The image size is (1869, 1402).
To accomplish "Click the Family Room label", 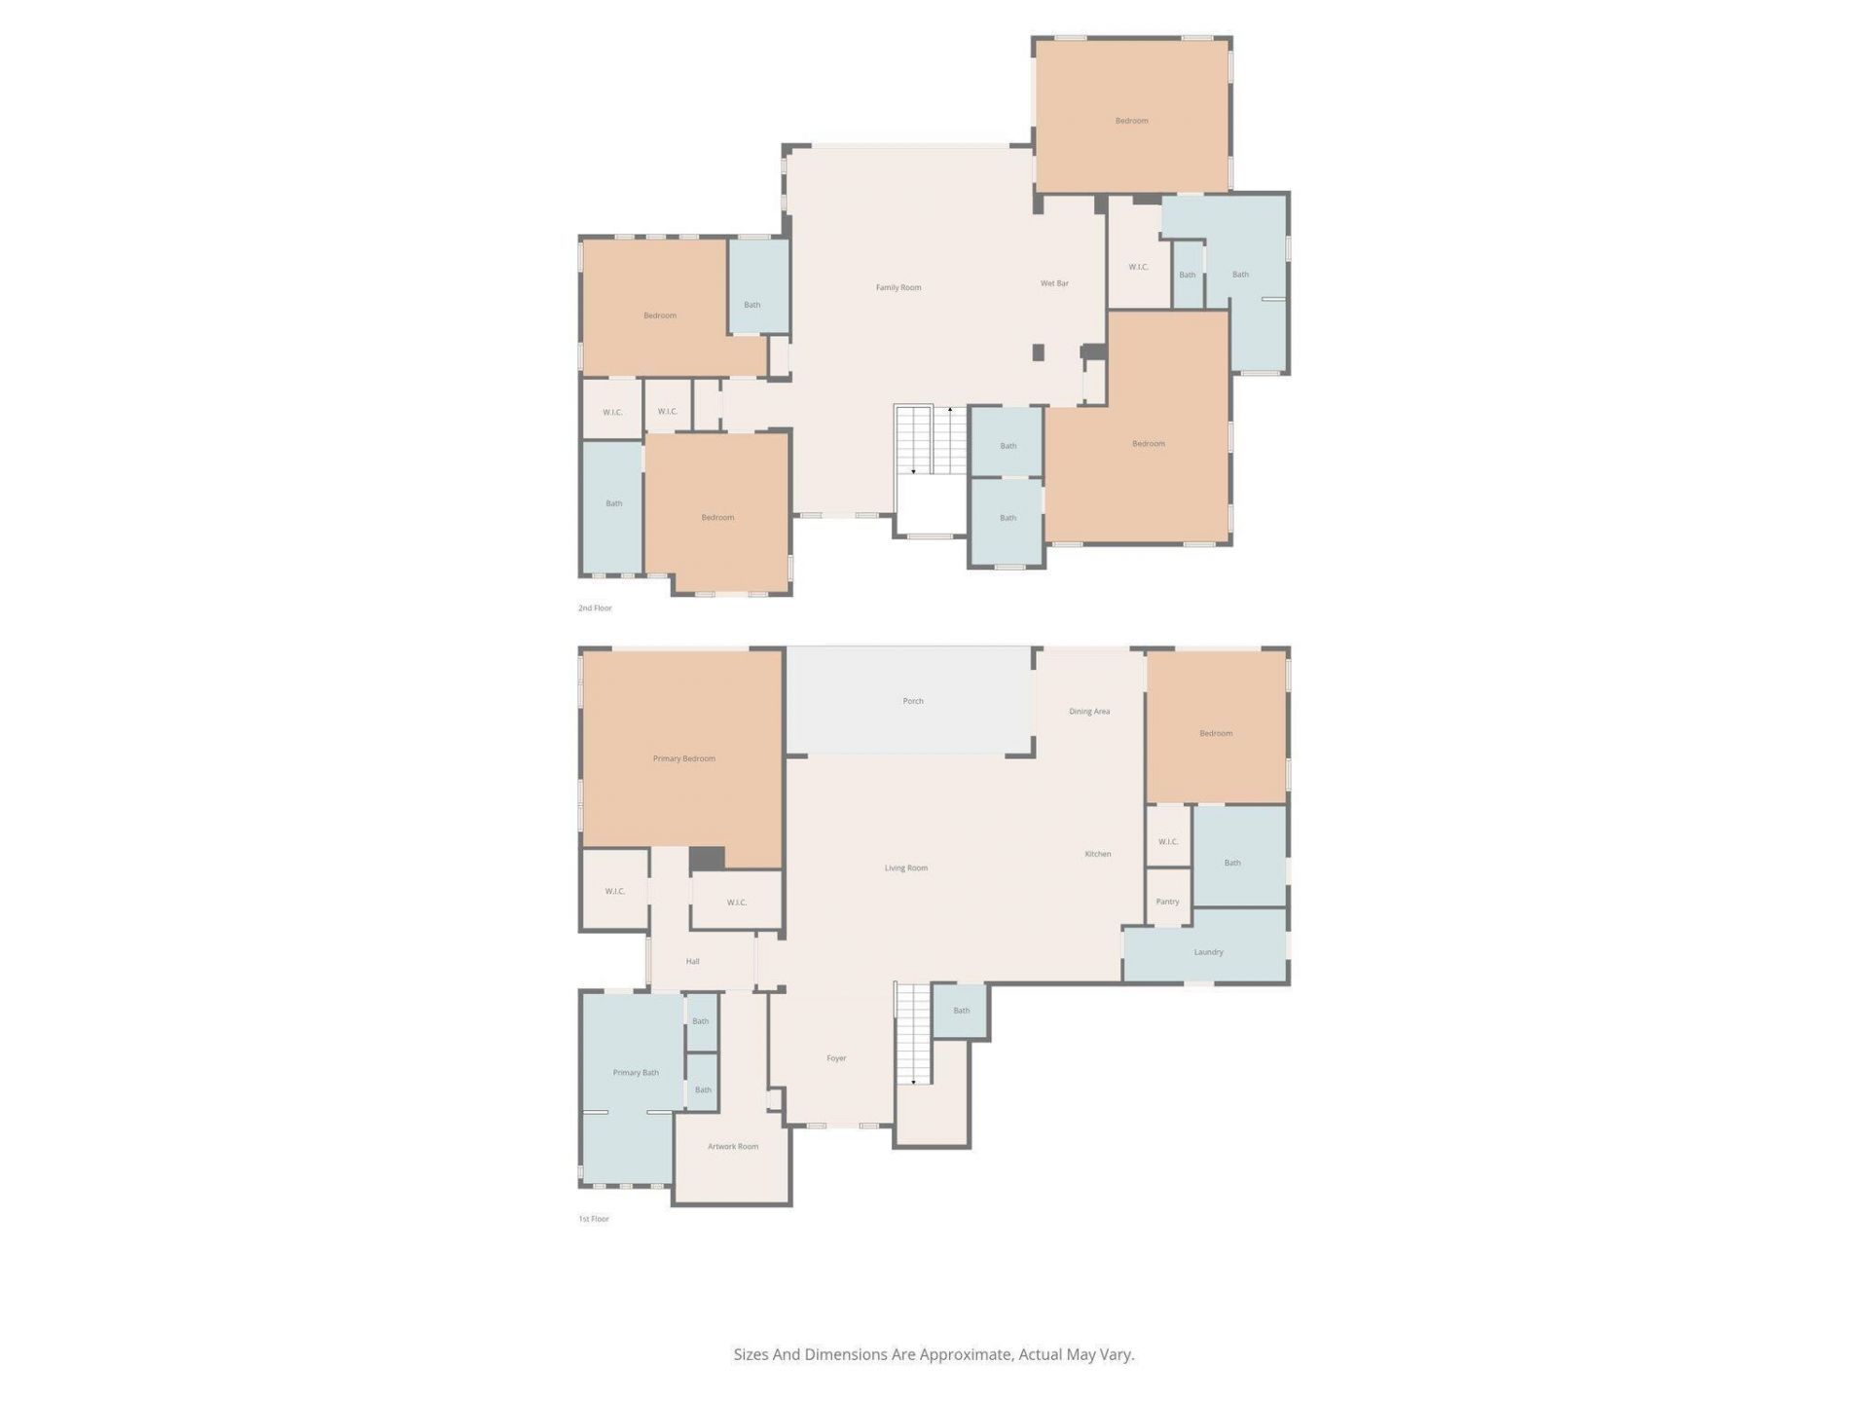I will [898, 287].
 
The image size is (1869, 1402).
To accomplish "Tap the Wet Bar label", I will [1054, 283].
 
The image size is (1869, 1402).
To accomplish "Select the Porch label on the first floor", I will [912, 701].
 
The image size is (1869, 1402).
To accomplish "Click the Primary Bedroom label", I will [683, 758].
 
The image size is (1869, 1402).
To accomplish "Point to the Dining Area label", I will [1088, 712].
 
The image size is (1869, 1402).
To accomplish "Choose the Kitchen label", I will [1097, 854].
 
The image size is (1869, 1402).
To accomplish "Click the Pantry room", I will [1167, 900].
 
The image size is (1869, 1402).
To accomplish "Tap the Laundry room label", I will [1208, 952].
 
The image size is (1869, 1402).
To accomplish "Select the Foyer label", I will [836, 1058].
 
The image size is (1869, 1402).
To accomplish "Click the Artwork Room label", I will [732, 1147].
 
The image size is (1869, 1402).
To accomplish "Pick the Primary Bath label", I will [636, 1073].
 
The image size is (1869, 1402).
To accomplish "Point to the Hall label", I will [692, 962].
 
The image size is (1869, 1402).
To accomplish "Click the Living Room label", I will [905, 868].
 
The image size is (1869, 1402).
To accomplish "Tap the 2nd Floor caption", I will [595, 609].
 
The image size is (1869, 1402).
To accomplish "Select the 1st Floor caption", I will [594, 1219].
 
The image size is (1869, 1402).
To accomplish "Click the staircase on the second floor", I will [931, 440].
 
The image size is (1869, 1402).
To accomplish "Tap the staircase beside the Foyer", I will [913, 1034].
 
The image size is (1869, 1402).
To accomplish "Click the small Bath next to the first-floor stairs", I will [961, 1011].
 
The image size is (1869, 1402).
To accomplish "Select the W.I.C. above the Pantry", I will [1168, 841].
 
